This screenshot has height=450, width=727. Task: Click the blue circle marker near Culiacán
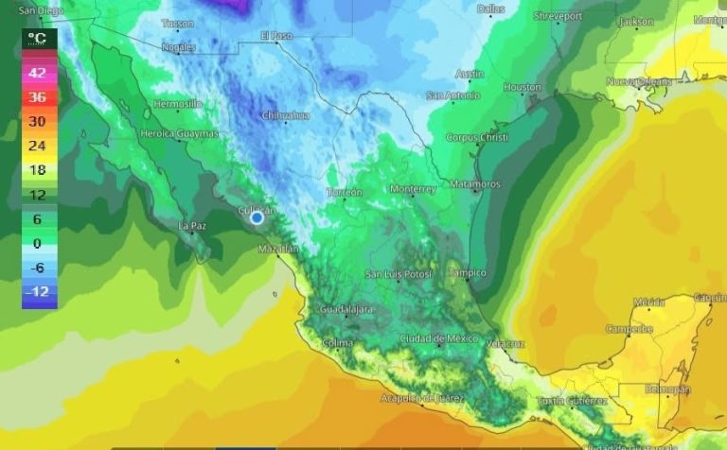point(257,217)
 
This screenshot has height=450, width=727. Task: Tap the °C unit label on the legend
point(37,38)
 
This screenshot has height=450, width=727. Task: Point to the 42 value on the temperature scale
point(37,72)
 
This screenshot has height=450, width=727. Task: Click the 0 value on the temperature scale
point(37,243)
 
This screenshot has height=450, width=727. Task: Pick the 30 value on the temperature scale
point(37,121)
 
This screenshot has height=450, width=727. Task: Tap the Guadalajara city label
point(346,309)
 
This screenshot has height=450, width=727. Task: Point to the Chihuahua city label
point(285,115)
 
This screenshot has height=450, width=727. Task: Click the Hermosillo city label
point(178,103)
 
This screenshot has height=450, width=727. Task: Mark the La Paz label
point(191,226)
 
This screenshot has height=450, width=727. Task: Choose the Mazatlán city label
point(278,250)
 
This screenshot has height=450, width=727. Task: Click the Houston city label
point(522,87)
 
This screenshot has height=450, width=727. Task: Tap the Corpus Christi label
point(477,138)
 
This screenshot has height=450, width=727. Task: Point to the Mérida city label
point(649,303)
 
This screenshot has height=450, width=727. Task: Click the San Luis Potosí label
point(399,274)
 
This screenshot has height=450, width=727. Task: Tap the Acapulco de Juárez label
point(425,397)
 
